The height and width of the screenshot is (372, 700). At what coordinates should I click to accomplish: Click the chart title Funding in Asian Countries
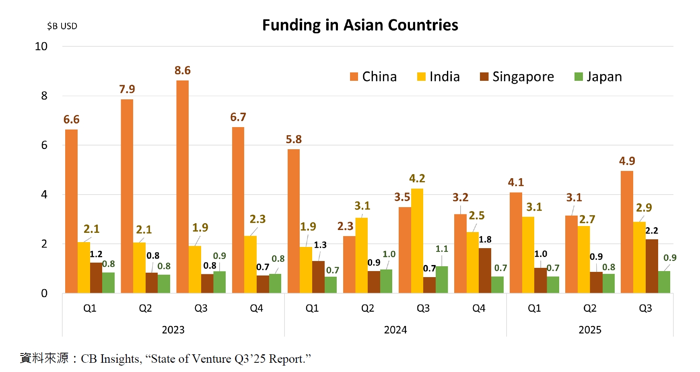[x=360, y=25]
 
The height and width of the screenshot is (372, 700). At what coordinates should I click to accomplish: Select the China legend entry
[x=373, y=76]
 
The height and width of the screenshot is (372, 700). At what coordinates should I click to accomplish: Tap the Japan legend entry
[x=598, y=76]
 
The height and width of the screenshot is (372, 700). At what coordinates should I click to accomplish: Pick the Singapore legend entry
[x=517, y=76]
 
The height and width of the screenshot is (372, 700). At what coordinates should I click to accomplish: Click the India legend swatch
[x=421, y=77]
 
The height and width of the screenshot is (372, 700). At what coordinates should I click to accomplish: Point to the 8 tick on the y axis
[x=44, y=96]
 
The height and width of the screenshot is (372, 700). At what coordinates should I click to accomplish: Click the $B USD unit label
[x=62, y=26]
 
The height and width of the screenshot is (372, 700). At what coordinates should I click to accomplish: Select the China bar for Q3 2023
[x=182, y=187]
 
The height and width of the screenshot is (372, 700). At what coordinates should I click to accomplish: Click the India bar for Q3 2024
[x=417, y=240]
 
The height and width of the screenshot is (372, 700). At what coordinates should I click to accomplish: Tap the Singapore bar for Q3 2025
[x=652, y=266]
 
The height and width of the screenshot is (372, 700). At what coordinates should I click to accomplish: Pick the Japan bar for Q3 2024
[x=442, y=280]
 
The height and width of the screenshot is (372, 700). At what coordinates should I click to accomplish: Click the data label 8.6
[x=182, y=70]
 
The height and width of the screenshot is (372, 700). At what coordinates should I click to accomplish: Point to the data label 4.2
[x=417, y=178]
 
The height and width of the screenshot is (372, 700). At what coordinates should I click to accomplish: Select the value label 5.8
[x=294, y=139]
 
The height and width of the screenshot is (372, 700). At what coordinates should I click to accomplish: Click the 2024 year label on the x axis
[x=395, y=330]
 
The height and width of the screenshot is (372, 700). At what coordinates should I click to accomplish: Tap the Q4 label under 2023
[x=256, y=308]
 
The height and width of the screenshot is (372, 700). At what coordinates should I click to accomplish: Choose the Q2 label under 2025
[x=590, y=308]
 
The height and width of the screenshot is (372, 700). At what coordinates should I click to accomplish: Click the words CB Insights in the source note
[x=110, y=359]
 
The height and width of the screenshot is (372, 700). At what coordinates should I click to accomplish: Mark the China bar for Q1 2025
[x=516, y=243]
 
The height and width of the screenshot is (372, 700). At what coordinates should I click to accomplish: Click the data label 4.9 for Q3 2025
[x=627, y=161]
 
